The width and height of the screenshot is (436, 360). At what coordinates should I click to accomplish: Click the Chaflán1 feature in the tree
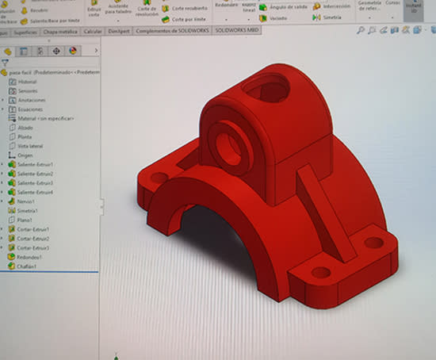[29, 267]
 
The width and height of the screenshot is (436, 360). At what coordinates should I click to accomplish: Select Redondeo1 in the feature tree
[30, 258]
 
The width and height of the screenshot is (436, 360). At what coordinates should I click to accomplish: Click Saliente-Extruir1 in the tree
[35, 164]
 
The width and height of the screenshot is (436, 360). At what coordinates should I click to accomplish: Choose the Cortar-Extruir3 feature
[33, 248]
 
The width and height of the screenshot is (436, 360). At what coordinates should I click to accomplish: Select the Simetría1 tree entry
[29, 211]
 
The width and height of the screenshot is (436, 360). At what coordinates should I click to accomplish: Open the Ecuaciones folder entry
[30, 109]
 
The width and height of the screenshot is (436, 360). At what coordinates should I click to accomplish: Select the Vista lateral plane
[31, 146]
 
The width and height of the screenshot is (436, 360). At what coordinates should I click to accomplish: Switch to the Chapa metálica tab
[61, 30]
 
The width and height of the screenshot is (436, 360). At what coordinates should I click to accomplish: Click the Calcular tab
[93, 30]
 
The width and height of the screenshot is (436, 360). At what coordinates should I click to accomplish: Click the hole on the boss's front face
[228, 148]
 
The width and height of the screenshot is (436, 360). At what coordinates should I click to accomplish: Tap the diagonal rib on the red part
[325, 214]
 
